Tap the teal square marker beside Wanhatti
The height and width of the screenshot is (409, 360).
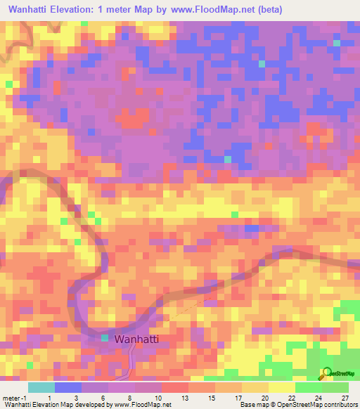pyautogui.click(x=105, y=339)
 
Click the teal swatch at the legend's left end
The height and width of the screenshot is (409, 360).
pyautogui.click(x=41, y=387)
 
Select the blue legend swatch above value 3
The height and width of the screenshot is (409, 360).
pyautogui.click(x=68, y=387)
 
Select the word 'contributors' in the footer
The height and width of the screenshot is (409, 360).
pyautogui.click(x=341, y=405)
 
